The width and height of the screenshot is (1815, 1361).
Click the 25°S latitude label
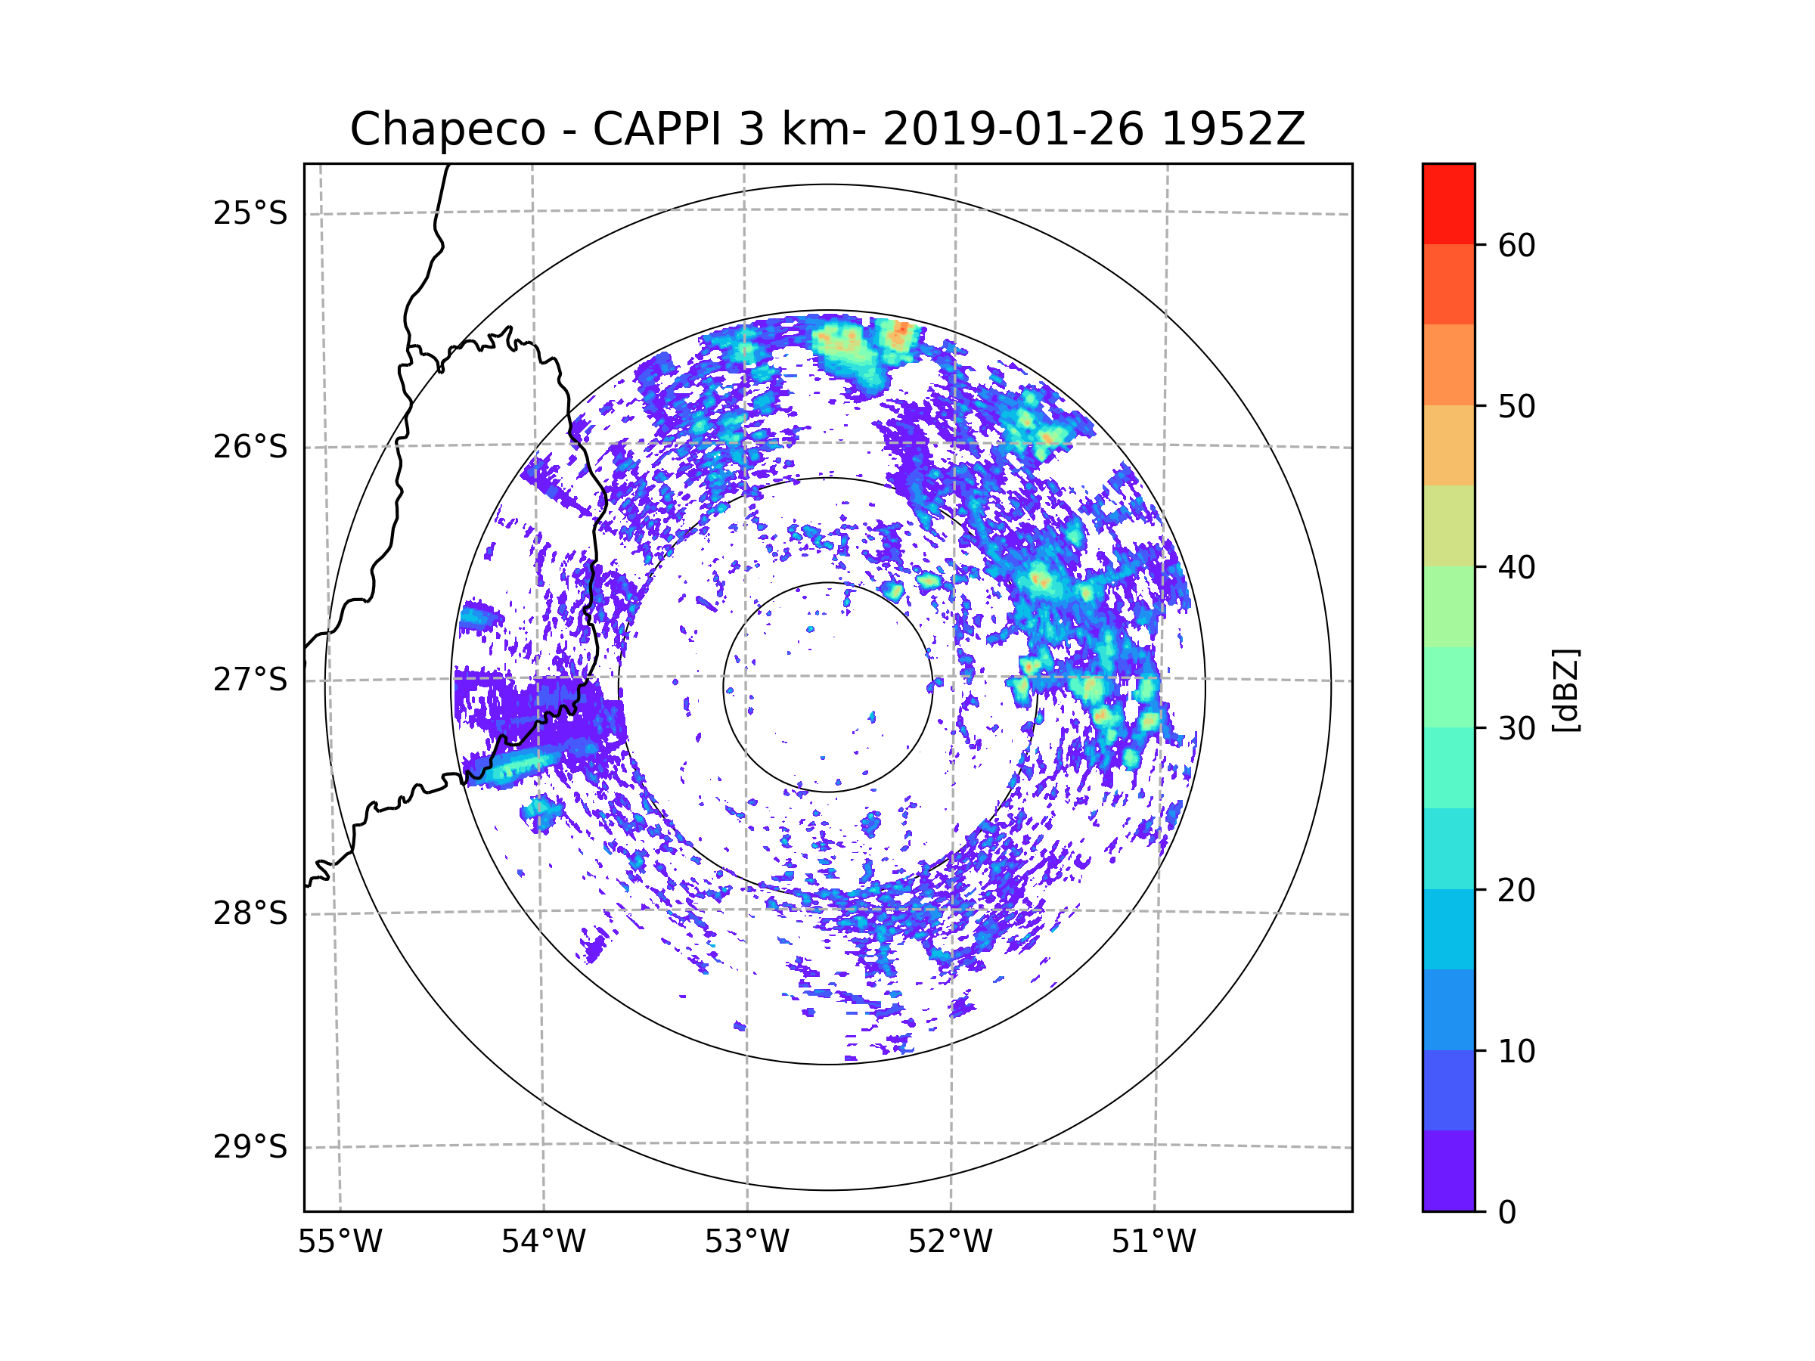pos(250,213)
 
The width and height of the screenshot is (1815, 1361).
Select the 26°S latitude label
pos(250,447)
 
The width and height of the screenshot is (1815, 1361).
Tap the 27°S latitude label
pos(250,680)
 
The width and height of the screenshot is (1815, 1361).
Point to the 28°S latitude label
pos(250,913)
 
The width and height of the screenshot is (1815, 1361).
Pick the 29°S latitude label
pos(250,1147)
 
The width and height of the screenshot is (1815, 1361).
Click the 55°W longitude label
pos(340,1242)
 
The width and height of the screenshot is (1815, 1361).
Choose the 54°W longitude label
pos(543,1242)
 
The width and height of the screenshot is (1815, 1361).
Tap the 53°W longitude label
pos(746,1242)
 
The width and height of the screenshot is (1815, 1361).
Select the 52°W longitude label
pos(950,1242)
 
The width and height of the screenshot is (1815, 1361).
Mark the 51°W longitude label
pos(1153,1242)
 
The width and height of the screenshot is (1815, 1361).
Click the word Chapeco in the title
pos(447,129)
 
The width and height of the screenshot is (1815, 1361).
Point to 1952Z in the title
pos(1233,129)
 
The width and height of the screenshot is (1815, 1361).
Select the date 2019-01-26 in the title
pos(1013,129)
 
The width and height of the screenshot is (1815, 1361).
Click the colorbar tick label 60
pos(1516,245)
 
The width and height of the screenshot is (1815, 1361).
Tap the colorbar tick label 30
pos(1516,728)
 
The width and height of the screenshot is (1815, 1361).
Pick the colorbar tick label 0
pos(1507,1213)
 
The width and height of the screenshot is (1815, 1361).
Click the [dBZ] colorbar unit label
pos(1565,690)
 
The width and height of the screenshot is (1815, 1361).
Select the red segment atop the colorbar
pos(1448,203)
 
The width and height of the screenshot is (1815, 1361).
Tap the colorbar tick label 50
pos(1516,406)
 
